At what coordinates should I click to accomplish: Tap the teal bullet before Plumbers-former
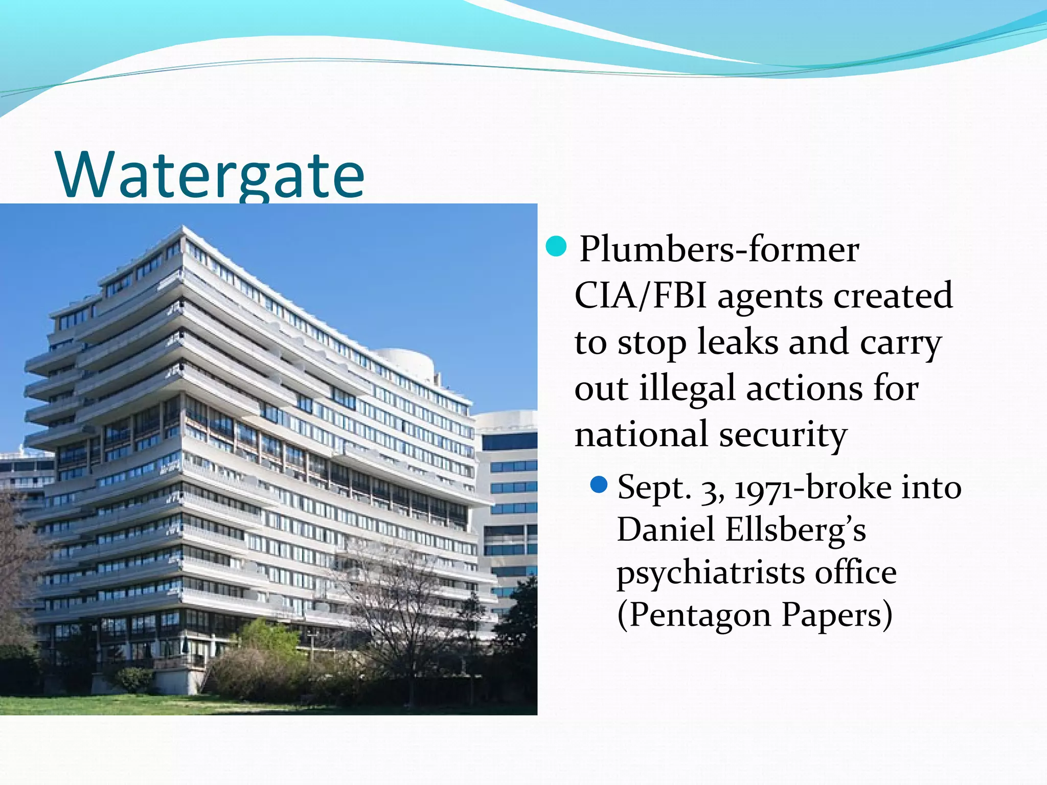556,246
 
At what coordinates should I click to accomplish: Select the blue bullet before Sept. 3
598,484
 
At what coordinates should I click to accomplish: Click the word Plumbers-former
719,250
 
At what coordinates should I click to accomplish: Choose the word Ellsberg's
795,530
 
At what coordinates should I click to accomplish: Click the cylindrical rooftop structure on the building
405,361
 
